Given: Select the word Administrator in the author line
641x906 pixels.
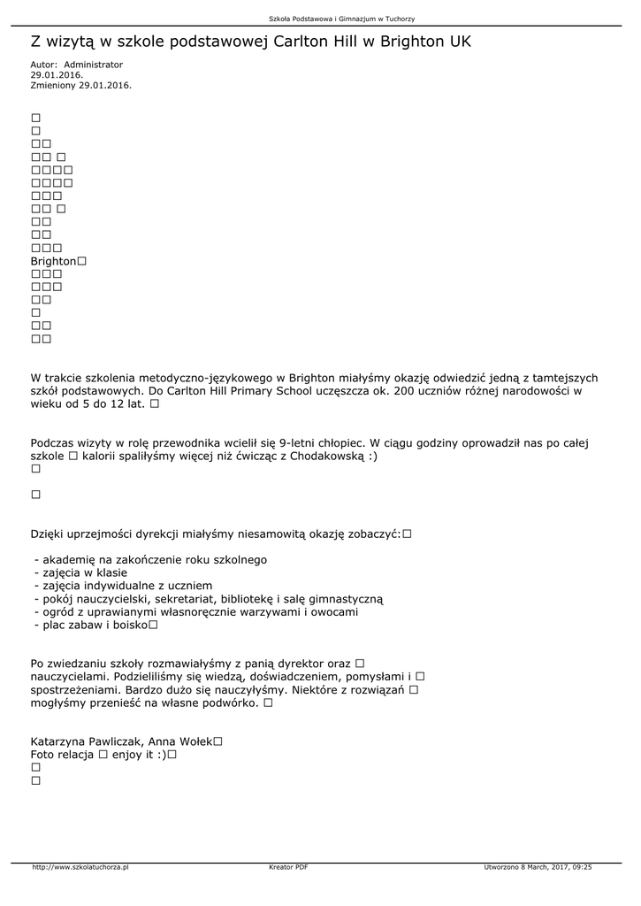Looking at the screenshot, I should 94,65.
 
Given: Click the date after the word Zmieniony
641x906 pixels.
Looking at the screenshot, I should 104,85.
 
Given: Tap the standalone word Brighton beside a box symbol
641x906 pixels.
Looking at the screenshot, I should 53,262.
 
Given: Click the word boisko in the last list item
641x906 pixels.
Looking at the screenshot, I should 128,625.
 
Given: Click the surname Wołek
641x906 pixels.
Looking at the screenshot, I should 194,741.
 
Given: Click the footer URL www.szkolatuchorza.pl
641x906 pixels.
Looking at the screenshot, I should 80,867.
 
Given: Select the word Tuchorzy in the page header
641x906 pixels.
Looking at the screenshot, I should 399,19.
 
